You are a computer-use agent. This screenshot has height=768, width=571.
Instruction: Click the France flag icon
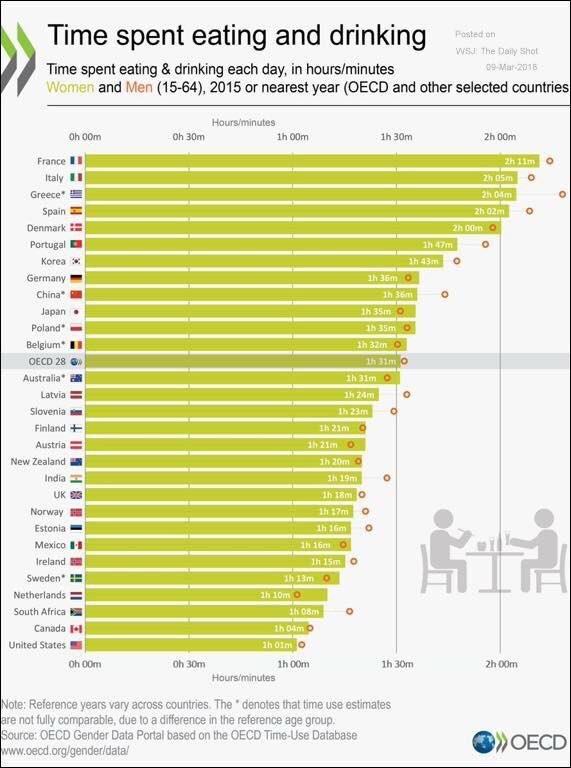click(76, 161)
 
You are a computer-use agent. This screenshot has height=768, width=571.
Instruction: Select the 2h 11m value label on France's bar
click(520, 161)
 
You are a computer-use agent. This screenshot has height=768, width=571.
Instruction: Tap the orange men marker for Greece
click(562, 194)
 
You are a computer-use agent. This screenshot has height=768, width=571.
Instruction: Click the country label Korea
click(54, 261)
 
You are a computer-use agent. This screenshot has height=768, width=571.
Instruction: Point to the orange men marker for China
click(445, 294)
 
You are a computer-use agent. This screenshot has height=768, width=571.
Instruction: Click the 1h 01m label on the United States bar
click(277, 645)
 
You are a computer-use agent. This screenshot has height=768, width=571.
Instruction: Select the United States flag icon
click(76, 645)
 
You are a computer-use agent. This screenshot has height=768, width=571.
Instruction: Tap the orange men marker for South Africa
click(349, 611)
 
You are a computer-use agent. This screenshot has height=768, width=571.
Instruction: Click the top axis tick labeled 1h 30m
click(396, 136)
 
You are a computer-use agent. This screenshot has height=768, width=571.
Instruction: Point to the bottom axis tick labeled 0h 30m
click(189, 663)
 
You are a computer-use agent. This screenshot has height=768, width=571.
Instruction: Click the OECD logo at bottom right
click(519, 742)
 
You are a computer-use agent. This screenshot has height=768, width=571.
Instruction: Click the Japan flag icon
click(76, 311)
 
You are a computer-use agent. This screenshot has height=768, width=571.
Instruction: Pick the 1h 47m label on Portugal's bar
click(437, 244)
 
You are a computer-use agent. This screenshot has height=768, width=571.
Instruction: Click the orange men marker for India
click(386, 478)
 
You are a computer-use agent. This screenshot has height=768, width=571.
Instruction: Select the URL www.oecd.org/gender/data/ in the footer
click(67, 748)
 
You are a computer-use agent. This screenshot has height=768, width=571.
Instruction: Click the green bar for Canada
click(190, 628)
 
